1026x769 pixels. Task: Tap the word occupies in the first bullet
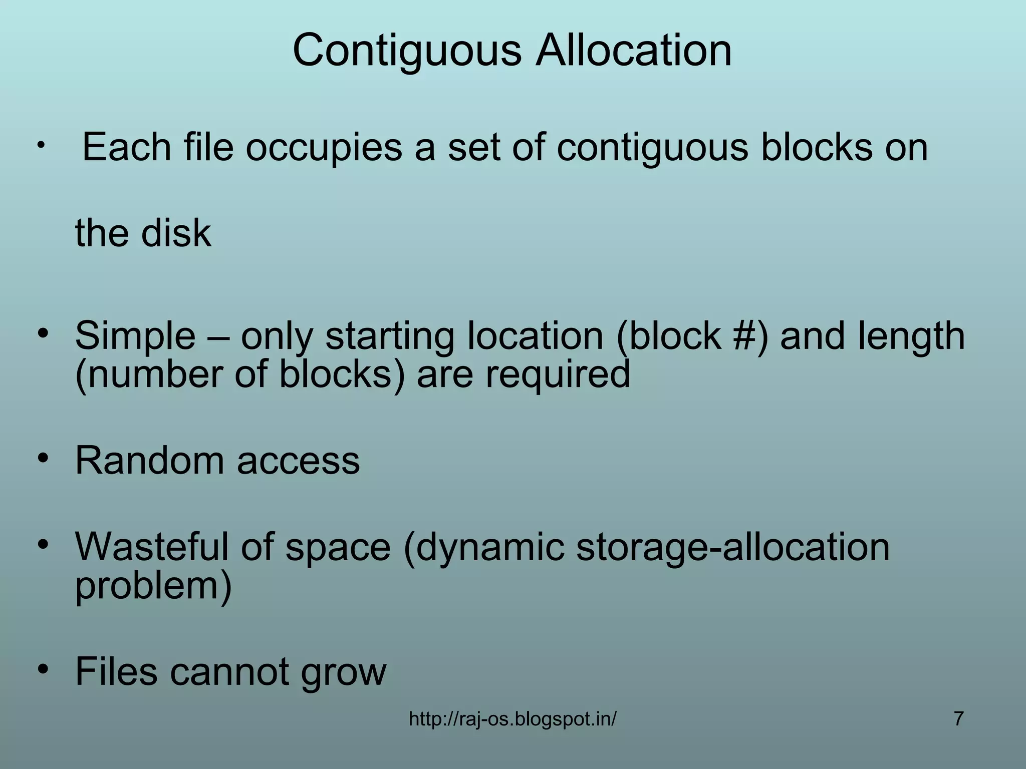324,148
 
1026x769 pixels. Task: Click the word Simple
135,336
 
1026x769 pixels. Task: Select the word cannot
228,671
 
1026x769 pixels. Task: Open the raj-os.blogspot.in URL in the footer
512,719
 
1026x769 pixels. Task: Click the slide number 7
958,719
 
